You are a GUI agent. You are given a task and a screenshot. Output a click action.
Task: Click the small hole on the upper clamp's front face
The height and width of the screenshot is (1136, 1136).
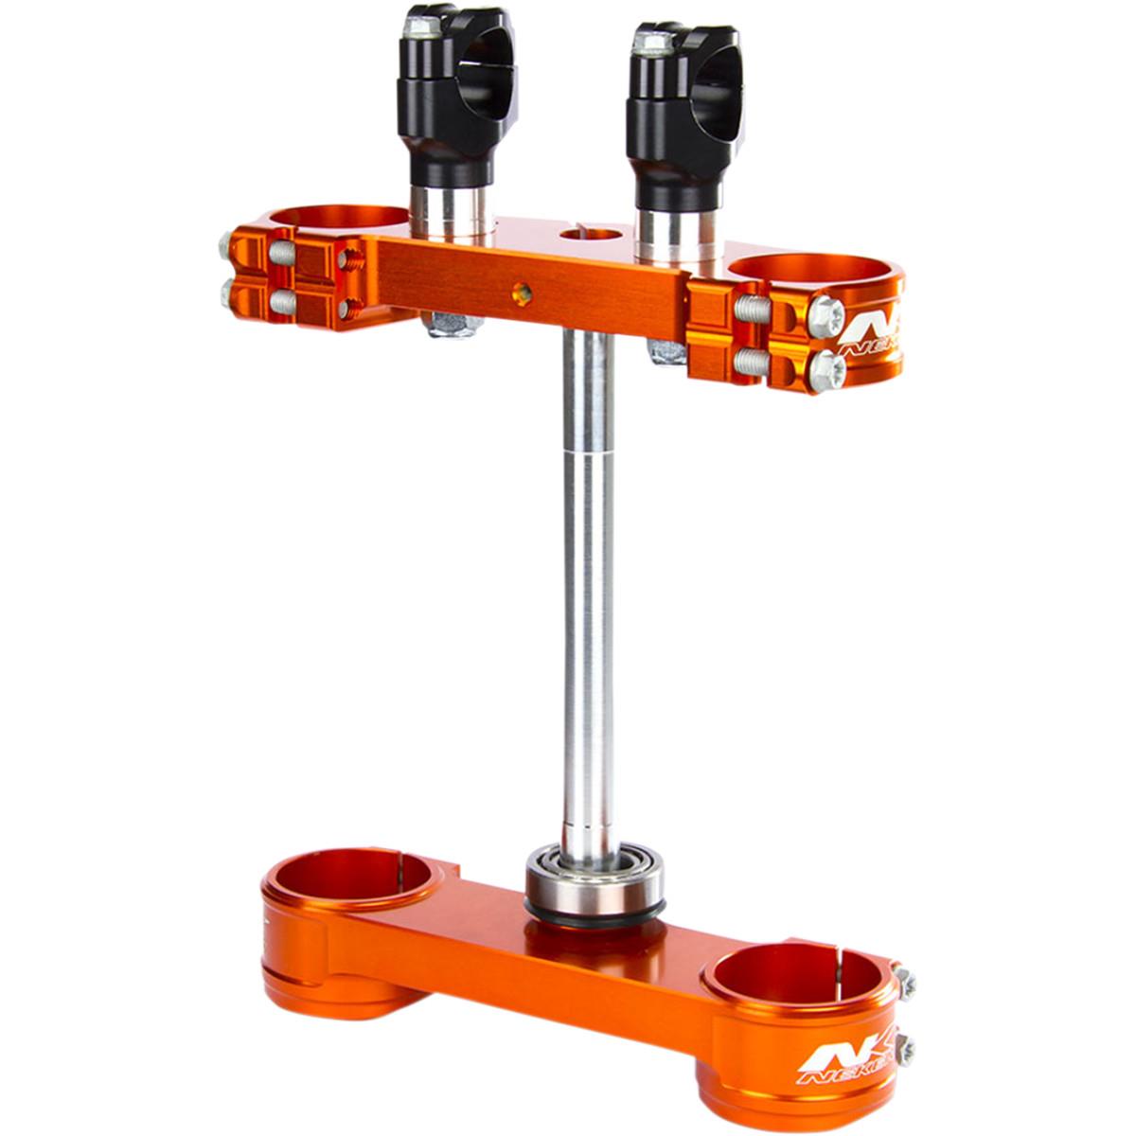pos(520,294)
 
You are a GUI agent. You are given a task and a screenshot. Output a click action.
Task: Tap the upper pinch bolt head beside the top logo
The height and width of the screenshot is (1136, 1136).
pos(826,311)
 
